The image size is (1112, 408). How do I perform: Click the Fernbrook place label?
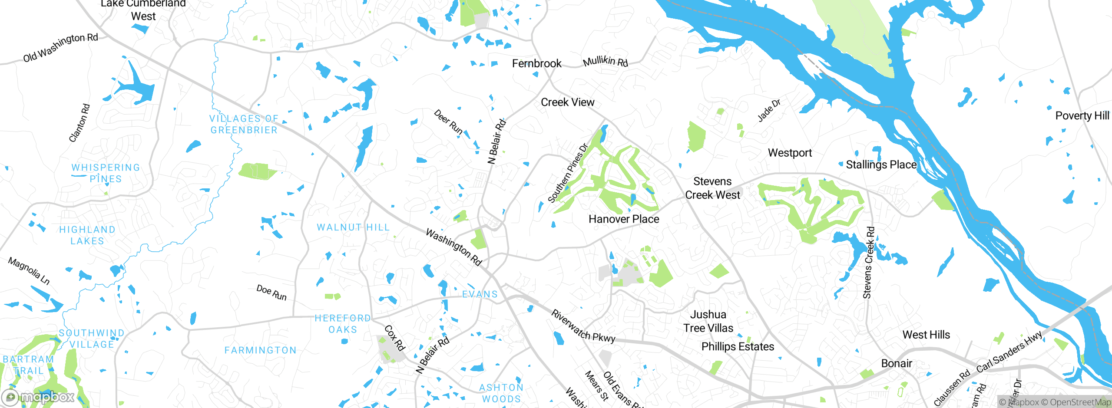[x=536, y=64]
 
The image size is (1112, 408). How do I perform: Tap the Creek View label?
[x=567, y=102]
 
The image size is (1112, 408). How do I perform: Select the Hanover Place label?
[x=624, y=219]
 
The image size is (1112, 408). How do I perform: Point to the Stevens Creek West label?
[x=712, y=188]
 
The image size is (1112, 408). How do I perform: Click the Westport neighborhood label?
[x=790, y=153]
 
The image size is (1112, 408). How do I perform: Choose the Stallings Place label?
[x=881, y=165]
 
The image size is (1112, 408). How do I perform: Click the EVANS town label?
[x=480, y=294]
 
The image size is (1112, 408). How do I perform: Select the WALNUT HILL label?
[x=353, y=227]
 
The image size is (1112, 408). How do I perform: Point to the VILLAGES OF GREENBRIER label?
[x=244, y=125]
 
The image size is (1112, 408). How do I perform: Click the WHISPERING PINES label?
[x=106, y=173]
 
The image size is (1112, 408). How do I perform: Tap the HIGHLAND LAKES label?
[x=87, y=235]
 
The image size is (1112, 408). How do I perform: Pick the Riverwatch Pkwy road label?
[x=583, y=326]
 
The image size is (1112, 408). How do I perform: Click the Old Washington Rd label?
[x=60, y=47]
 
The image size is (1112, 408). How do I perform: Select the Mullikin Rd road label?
[x=605, y=62]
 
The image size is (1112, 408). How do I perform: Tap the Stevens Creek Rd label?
[x=869, y=263]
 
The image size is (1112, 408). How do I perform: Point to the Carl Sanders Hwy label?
[x=1009, y=352]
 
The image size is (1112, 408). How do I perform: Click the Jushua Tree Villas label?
[x=708, y=321]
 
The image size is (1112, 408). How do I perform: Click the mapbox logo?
[x=38, y=397]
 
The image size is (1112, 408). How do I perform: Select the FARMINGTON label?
[x=260, y=350]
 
